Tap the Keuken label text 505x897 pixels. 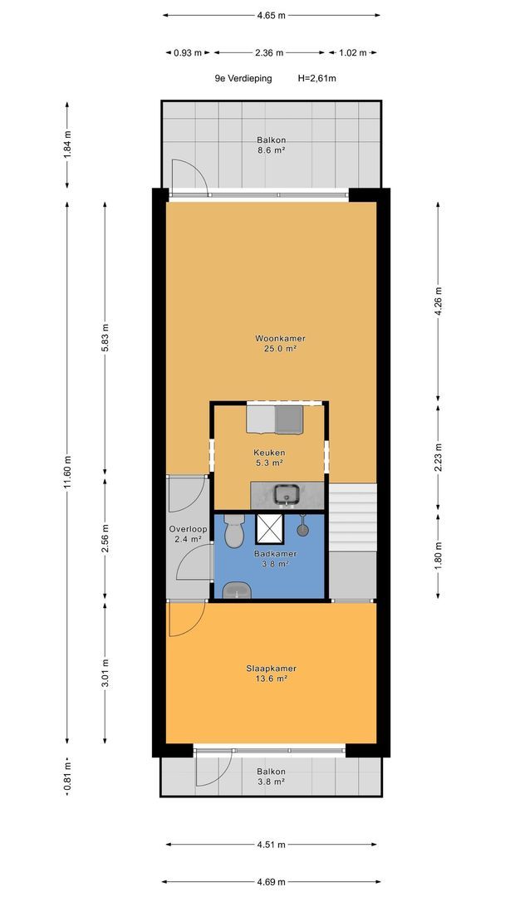(x=271, y=452)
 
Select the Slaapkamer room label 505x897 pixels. (x=271, y=668)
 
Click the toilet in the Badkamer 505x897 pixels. (x=234, y=531)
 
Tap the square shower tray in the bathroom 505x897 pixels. (x=270, y=528)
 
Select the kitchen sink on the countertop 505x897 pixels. (x=283, y=494)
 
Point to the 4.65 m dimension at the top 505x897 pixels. (x=271, y=16)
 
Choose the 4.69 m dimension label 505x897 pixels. (x=271, y=881)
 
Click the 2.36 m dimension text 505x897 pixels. (x=269, y=52)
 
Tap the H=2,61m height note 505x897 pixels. (x=316, y=78)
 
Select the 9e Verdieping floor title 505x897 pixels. (x=243, y=78)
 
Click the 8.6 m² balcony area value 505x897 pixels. (x=271, y=150)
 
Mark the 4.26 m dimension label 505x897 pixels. (x=438, y=301)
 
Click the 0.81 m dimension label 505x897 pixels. (x=67, y=777)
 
